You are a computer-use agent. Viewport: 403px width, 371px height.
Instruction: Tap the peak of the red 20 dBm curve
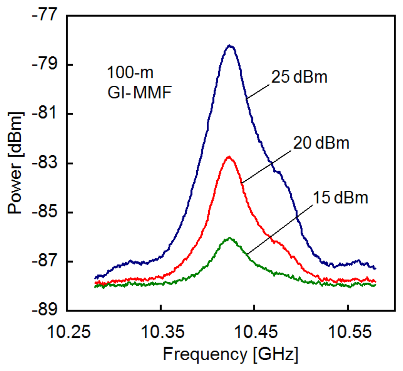pyautogui.click(x=229, y=157)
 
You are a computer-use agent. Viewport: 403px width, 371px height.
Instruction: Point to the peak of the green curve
pyautogui.click(x=230, y=237)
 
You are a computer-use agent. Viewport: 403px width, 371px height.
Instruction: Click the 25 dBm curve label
pyautogui.click(x=300, y=78)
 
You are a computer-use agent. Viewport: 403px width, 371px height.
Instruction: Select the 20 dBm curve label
pyautogui.click(x=321, y=143)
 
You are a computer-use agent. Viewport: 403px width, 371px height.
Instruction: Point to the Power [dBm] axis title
pyautogui.click(x=16, y=164)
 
